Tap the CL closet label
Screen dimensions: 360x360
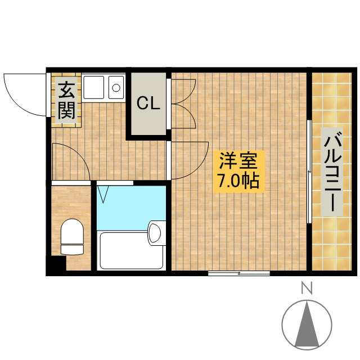tap(148, 103)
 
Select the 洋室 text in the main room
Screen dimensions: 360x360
tap(238, 160)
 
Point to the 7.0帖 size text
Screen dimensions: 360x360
tap(238, 181)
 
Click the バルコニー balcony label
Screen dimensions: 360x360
tap(332, 172)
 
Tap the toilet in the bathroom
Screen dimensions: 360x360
tap(72, 237)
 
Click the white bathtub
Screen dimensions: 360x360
tap(132, 251)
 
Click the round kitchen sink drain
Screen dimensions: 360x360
tap(116, 88)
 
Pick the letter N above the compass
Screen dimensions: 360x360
tap(307, 288)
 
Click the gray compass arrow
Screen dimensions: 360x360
tap(307, 327)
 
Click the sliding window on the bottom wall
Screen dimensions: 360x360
tap(238, 273)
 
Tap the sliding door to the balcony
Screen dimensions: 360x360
tap(309, 171)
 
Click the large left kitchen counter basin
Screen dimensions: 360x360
tap(93, 87)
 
